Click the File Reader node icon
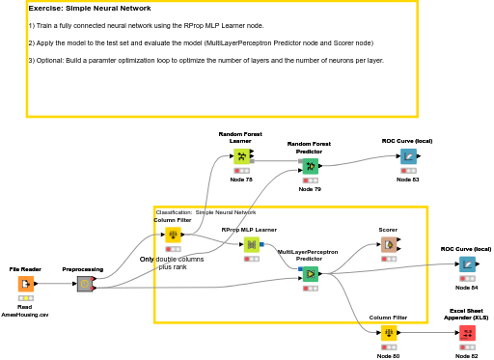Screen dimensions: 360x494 pyautogui.click(x=26, y=284)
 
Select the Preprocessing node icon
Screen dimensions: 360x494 pyautogui.click(x=84, y=284)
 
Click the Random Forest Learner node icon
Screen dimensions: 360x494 pyautogui.click(x=241, y=155)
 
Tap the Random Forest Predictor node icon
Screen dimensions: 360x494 pyautogui.click(x=310, y=166)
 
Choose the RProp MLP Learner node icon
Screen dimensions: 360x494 pyautogui.click(x=251, y=245)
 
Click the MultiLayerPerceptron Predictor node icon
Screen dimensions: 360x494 pyautogui.click(x=310, y=274)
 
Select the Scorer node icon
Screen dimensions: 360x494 pyautogui.click(x=388, y=245)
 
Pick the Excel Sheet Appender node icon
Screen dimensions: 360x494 pyautogui.click(x=467, y=333)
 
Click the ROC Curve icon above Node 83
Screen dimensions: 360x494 pyautogui.click(x=408, y=155)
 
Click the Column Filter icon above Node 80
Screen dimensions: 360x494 pyautogui.click(x=388, y=333)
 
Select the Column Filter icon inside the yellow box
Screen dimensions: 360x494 pyautogui.click(x=173, y=235)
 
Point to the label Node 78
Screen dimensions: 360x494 pyautogui.click(x=241, y=180)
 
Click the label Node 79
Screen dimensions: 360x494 pyautogui.click(x=310, y=189)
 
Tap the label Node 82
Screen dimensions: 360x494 pyautogui.click(x=467, y=356)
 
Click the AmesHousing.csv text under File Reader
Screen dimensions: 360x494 pyautogui.click(x=26, y=315)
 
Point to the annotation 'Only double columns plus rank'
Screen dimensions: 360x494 pyautogui.click(x=172, y=263)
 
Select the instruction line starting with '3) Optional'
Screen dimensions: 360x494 pyautogui.click(x=206, y=60)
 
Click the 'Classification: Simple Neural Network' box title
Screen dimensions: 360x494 pyautogui.click(x=206, y=212)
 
